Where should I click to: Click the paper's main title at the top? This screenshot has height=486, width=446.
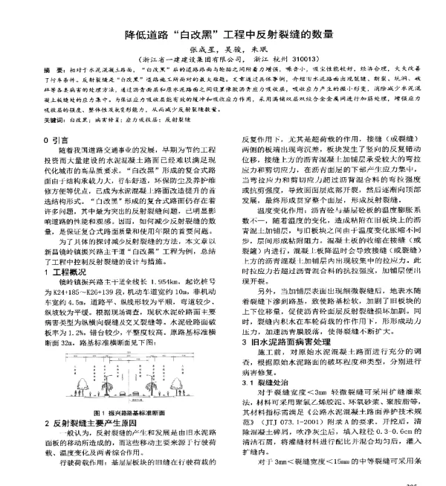point(223,35)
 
